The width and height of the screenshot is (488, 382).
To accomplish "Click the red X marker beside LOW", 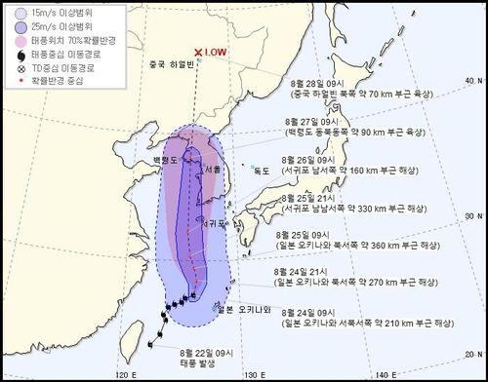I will (199, 53).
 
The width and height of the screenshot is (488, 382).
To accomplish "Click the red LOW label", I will (218, 53).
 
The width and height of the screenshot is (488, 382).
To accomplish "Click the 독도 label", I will (261, 171).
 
